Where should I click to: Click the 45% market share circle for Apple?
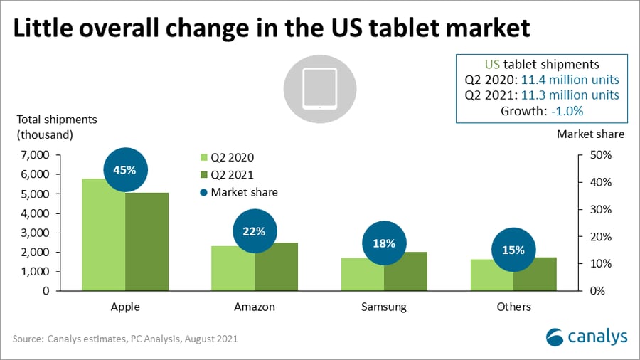tap(125, 169)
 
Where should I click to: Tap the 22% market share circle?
tap(255, 231)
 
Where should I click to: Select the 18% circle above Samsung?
tap(384, 243)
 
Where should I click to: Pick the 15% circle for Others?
tap(513, 250)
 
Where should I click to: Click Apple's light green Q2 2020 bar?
tap(104, 235)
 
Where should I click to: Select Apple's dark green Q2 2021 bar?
tap(147, 242)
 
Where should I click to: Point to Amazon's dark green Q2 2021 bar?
tap(277, 267)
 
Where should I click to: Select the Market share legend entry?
tap(238, 192)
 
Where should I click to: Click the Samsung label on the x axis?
tap(384, 307)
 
